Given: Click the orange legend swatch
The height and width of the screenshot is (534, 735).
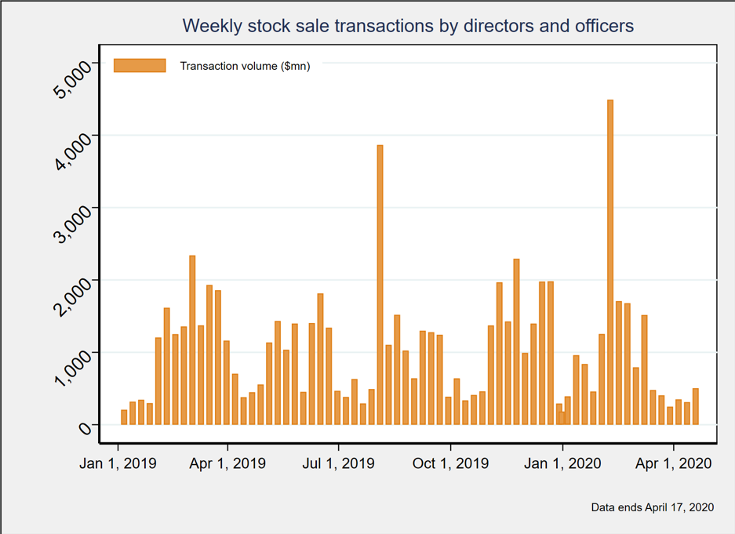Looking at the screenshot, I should pyautogui.click(x=140, y=66).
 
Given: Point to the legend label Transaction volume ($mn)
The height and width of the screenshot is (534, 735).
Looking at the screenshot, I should pyautogui.click(x=245, y=66).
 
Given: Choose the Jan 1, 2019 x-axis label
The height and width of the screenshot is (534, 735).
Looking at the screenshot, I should pyautogui.click(x=118, y=463).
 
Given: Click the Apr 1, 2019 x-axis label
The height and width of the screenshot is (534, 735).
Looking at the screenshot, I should pyautogui.click(x=227, y=463).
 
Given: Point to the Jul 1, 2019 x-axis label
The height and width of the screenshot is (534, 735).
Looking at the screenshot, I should pyautogui.click(x=339, y=463).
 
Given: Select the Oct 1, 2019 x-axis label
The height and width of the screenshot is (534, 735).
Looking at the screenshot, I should pyautogui.click(x=450, y=463).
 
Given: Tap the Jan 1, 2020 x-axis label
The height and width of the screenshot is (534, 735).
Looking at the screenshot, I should pyautogui.click(x=562, y=463).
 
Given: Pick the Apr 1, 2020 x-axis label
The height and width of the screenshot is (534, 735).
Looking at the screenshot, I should pyautogui.click(x=673, y=463).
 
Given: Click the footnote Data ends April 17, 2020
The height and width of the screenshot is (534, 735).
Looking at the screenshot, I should pyautogui.click(x=653, y=507).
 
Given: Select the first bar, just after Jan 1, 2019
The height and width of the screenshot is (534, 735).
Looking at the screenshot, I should pyautogui.click(x=124, y=417).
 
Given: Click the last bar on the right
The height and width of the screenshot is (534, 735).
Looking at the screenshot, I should pyautogui.click(x=695, y=406).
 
